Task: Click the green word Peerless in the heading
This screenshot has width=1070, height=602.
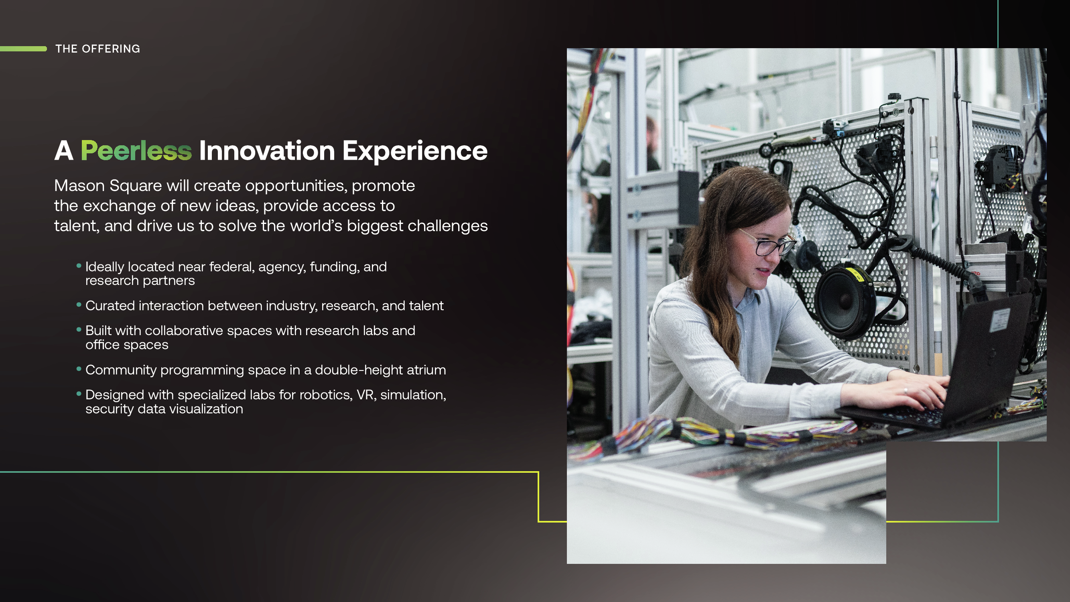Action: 136,150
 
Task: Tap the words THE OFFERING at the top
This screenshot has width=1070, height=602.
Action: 97,49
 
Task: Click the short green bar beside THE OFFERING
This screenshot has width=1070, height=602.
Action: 23,49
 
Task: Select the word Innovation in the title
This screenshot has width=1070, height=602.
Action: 267,150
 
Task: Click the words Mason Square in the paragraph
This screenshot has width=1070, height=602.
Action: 108,186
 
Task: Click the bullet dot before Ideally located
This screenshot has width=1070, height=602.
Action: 79,265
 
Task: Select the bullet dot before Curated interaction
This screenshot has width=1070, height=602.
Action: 79,305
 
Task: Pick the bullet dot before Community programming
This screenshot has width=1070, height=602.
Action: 79,368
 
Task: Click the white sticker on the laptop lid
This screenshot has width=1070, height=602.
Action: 999,321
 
